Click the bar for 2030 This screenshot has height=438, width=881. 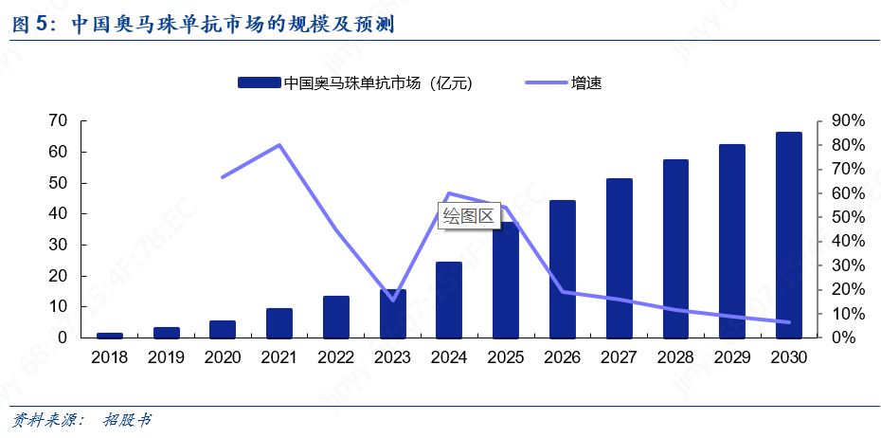point(789,235)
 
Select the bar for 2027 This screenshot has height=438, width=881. point(620,258)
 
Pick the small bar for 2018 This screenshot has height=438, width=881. point(110,335)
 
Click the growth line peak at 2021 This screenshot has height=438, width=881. point(279,145)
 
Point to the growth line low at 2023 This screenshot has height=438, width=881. point(393,301)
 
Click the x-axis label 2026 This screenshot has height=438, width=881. point(563,357)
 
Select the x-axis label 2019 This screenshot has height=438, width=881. point(167,357)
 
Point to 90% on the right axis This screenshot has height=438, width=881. point(846,120)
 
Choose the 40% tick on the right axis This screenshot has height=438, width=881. point(846,241)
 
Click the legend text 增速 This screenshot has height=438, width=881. point(585,83)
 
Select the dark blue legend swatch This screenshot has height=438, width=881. point(259,83)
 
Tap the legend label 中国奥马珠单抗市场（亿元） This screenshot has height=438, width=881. point(377,83)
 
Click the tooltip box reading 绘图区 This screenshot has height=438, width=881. point(469,215)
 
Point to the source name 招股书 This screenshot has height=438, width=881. point(127,419)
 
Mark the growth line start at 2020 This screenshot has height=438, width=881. point(223,177)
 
